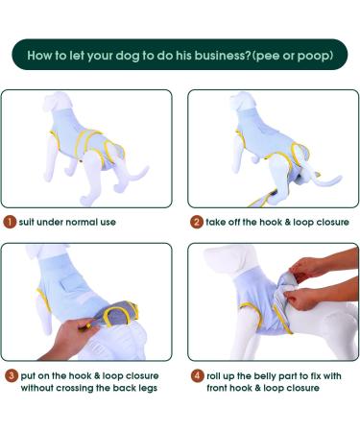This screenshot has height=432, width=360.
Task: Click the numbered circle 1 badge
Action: pos(10,222)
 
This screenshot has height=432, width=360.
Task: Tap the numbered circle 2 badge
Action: pos(195,222)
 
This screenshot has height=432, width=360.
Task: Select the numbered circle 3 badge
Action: pos(10,374)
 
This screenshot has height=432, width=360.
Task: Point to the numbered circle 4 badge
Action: pos(195,374)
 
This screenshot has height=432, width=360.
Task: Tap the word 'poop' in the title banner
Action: pos(314,55)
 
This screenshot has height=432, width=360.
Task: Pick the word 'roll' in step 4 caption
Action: pos(217,374)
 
